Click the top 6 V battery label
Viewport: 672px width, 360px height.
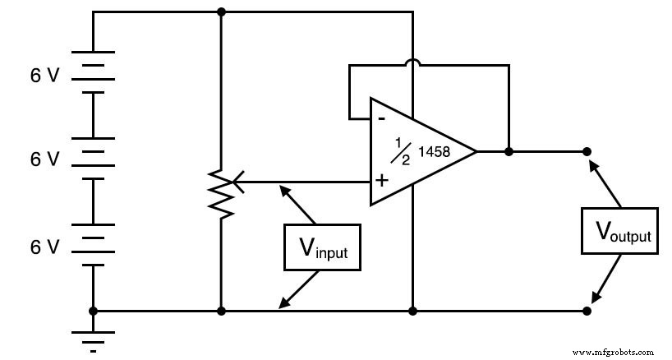pos(44,75)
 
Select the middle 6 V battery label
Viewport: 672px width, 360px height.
pos(44,159)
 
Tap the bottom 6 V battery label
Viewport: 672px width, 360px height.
pos(44,245)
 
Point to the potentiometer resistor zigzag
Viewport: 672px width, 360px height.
pos(221,191)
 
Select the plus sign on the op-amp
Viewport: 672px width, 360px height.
pos(382,180)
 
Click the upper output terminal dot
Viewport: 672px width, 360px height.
pos(587,152)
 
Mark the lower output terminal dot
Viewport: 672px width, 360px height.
pos(587,311)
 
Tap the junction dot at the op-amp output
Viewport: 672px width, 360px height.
pos(509,152)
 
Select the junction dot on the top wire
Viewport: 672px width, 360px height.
pos(221,12)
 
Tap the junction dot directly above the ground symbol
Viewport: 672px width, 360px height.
pos(93,311)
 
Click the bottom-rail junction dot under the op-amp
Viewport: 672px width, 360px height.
pos(412,311)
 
